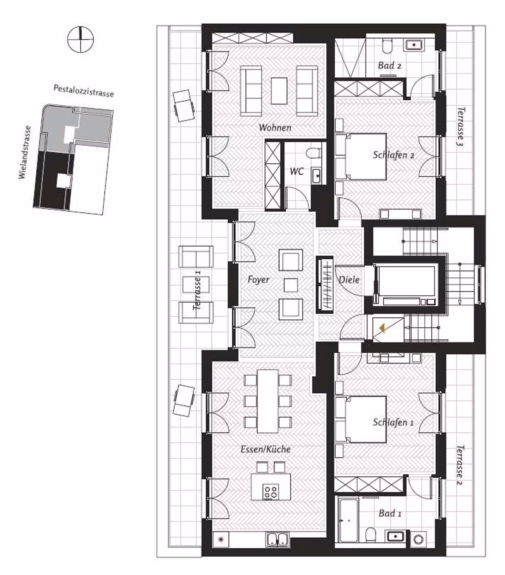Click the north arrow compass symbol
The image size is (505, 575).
point(80,39)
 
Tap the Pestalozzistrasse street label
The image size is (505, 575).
point(83,91)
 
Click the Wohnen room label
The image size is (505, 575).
point(275,128)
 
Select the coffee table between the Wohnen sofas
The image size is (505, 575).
point(279,91)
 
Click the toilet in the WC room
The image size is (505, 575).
point(314,153)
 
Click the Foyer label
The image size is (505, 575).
point(258,279)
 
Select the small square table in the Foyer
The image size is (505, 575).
point(290,285)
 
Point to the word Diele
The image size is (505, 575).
point(349,280)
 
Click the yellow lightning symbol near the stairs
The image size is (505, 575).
point(382,328)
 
